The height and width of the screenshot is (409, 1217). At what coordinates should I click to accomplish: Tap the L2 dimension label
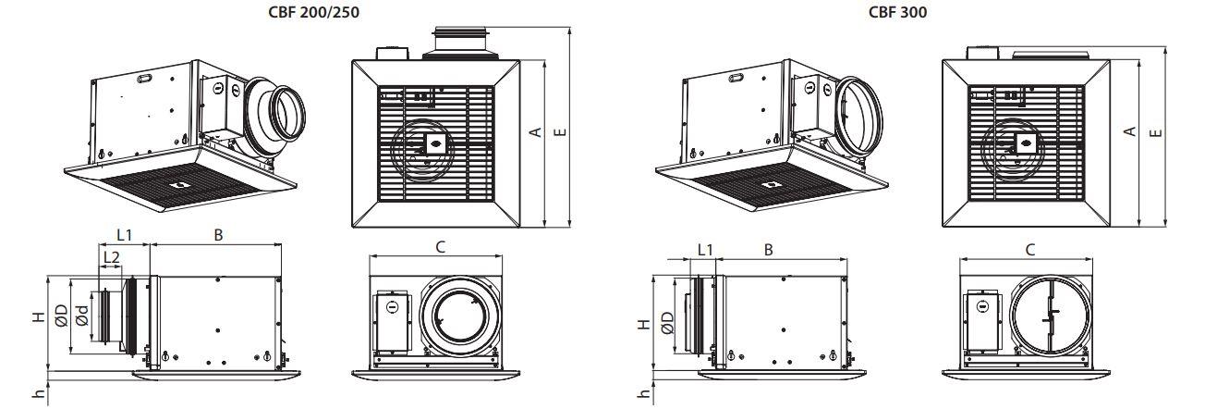tap(110, 256)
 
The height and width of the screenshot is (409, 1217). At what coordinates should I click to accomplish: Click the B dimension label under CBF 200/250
tap(218, 236)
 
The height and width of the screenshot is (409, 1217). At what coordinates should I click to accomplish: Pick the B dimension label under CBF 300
tap(769, 249)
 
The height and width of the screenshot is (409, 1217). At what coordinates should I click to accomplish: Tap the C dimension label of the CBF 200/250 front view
tap(441, 246)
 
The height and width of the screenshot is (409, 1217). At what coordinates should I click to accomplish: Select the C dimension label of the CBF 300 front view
tap(1030, 249)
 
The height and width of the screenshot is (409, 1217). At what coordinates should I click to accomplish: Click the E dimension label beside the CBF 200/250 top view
tap(558, 132)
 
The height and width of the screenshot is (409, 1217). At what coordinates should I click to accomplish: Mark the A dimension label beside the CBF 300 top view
tap(1129, 132)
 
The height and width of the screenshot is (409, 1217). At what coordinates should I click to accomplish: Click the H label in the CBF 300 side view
tap(643, 325)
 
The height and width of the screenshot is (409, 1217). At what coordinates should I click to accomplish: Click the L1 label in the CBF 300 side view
tap(704, 249)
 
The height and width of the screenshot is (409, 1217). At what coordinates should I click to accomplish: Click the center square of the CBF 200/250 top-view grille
tap(431, 143)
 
